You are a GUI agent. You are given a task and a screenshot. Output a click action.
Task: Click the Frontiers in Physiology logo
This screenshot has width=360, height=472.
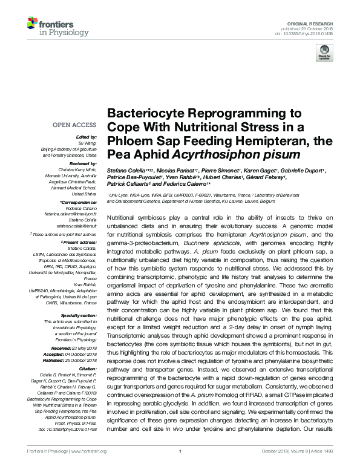point(54,27)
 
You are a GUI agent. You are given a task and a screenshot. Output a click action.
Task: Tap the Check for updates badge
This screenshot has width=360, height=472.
point(324,54)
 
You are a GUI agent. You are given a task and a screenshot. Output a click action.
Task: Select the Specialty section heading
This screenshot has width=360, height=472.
point(77,315)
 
